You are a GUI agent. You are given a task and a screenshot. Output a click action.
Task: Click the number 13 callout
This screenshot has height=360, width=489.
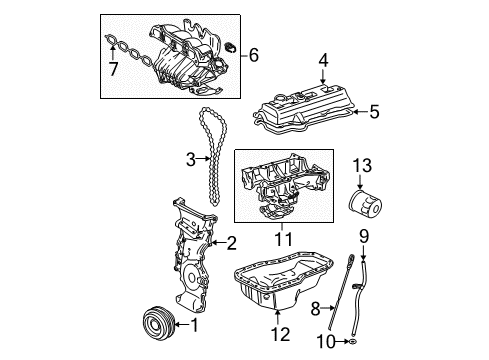363,164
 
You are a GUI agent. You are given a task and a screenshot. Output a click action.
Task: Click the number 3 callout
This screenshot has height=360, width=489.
188,157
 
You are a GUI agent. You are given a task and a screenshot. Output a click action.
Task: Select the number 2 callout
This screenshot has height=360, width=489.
230,242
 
